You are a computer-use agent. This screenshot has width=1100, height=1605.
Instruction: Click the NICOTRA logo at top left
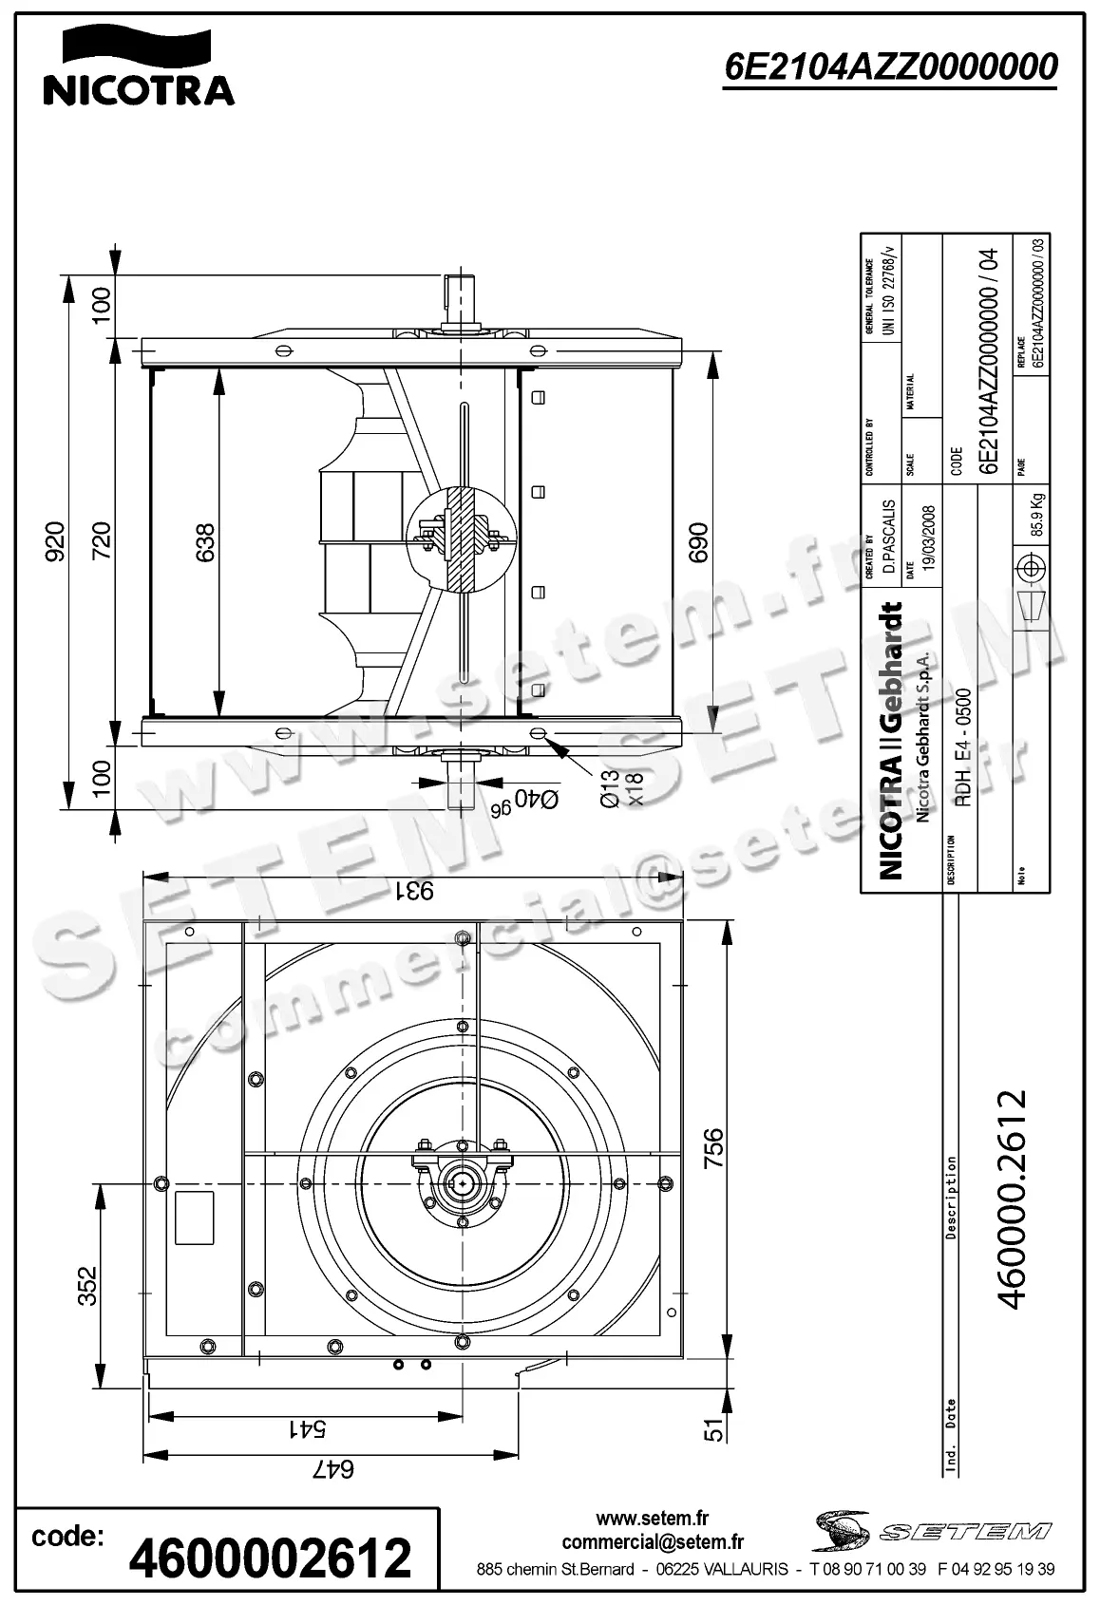138,66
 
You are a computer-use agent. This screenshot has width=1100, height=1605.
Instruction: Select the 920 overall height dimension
54,541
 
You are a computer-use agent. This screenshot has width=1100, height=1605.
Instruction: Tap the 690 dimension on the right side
698,542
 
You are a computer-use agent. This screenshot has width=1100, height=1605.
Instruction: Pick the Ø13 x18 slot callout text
622,788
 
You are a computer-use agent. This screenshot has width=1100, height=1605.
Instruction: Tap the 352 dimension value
86,1286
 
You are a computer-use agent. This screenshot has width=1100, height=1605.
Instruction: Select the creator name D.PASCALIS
889,535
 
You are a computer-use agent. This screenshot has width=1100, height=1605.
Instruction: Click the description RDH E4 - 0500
962,748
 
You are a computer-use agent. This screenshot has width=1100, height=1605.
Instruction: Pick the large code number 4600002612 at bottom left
270,1558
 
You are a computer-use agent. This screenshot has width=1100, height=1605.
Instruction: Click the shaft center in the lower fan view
462,1183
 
